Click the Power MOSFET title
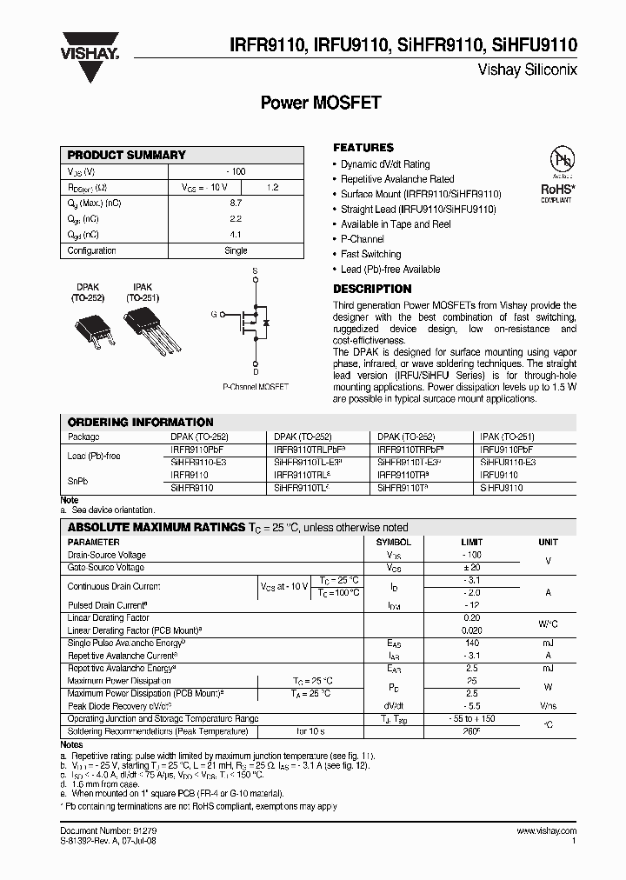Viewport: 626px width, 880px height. [x=321, y=103]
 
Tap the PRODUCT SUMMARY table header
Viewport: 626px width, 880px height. [x=127, y=155]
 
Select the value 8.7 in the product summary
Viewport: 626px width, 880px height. [x=236, y=203]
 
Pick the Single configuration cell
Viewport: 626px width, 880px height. [x=236, y=250]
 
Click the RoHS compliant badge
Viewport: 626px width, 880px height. [x=556, y=174]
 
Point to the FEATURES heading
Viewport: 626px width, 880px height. [x=363, y=148]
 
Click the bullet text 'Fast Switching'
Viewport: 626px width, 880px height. [x=370, y=254]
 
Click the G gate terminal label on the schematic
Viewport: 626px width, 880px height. [x=214, y=314]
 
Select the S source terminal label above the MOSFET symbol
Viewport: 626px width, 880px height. [x=255, y=271]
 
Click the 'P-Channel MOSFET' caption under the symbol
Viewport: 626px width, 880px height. [x=256, y=385]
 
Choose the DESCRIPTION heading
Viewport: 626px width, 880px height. [x=372, y=289]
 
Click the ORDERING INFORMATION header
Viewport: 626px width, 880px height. [x=140, y=422]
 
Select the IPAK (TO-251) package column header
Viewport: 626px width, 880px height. [x=507, y=437]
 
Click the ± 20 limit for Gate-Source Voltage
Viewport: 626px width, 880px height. [x=472, y=568]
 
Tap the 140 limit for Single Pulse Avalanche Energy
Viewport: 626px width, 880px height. [x=472, y=643]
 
